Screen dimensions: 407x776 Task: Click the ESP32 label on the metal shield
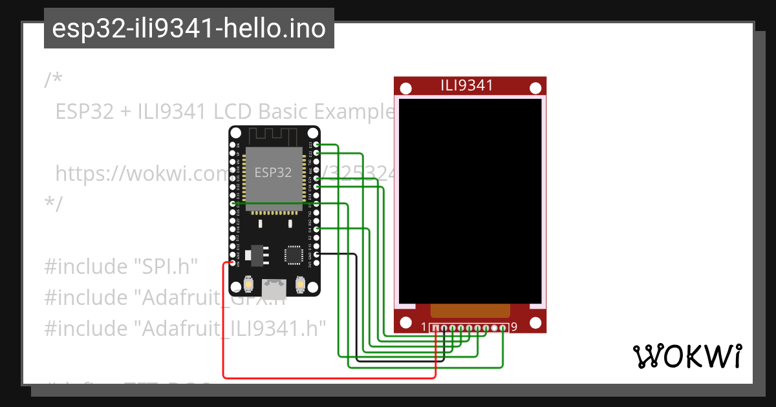[x=272, y=172]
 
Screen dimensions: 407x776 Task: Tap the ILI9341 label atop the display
[x=467, y=85]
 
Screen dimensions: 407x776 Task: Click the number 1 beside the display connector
[x=424, y=328]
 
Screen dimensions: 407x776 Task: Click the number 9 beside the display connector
[x=514, y=328]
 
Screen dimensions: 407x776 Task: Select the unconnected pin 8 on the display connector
[x=495, y=328]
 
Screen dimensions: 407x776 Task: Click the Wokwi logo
[x=687, y=356]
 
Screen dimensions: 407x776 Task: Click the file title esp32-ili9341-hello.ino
[x=189, y=28]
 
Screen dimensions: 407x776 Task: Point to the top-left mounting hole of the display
[x=405, y=88]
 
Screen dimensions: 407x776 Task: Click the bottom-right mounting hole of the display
[x=535, y=322]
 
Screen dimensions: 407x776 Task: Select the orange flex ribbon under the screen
[x=470, y=311]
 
